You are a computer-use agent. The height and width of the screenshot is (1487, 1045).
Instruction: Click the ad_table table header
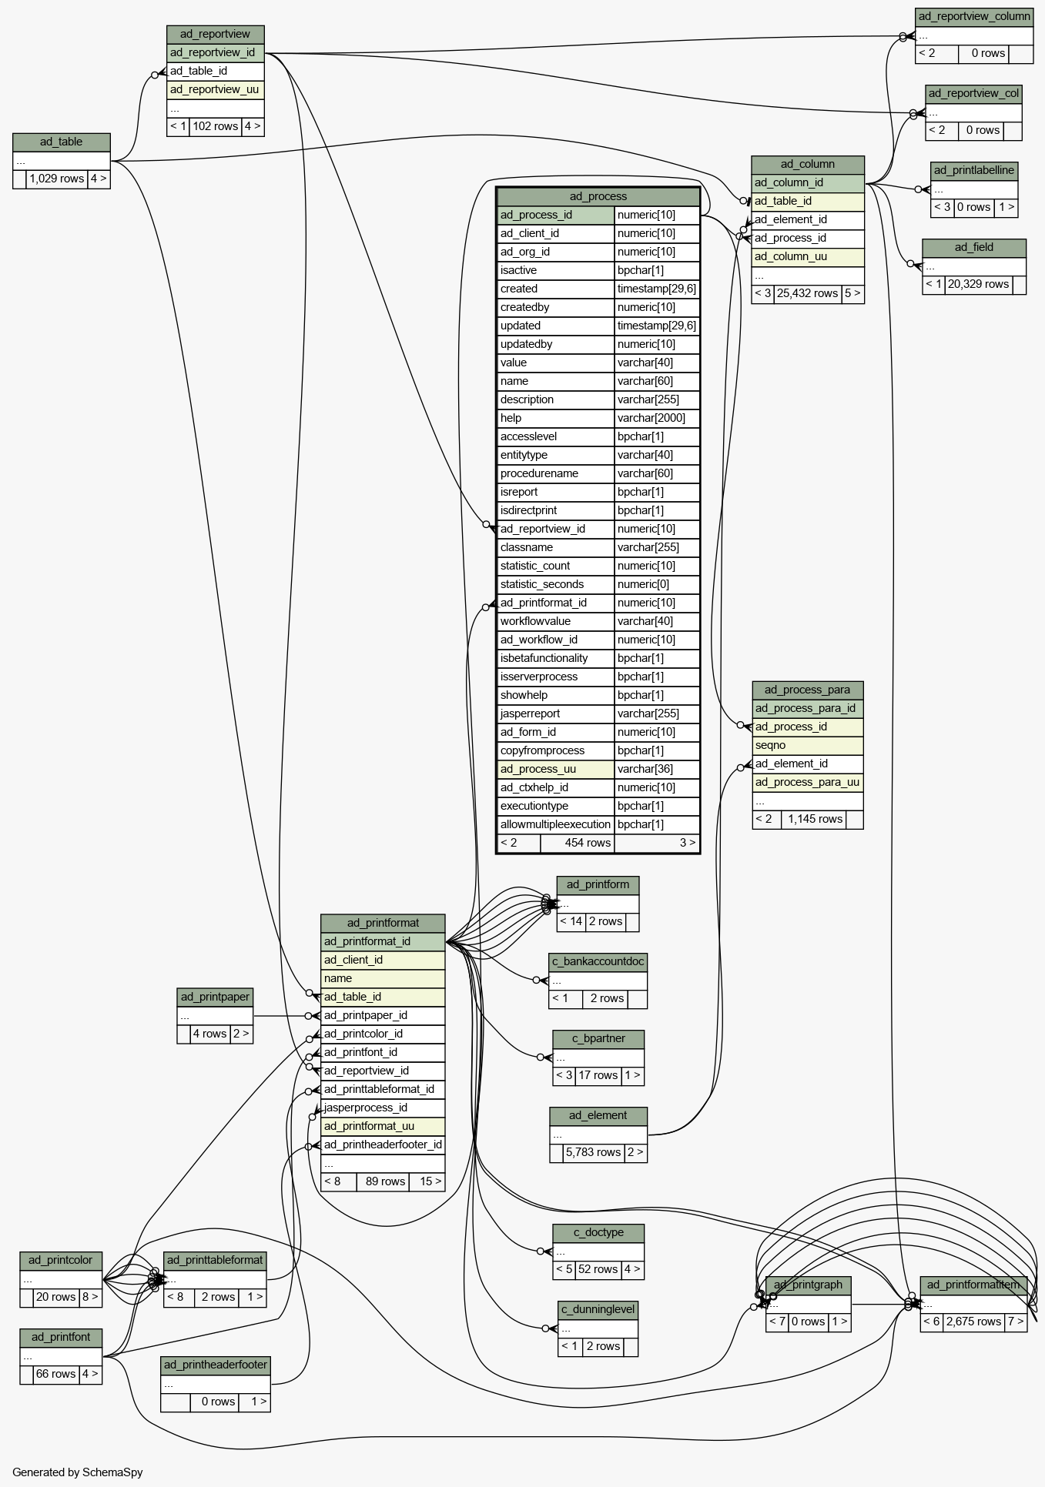(x=62, y=142)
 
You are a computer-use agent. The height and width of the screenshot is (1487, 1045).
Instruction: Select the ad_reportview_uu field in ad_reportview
(x=216, y=90)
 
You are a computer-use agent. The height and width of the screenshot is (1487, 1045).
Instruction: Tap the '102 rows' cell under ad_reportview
(x=216, y=127)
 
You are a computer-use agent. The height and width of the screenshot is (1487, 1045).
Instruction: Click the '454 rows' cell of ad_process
(x=578, y=843)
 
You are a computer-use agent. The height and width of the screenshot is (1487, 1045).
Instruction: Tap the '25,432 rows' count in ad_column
(x=807, y=294)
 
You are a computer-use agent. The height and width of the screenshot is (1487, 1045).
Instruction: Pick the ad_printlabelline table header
(x=974, y=171)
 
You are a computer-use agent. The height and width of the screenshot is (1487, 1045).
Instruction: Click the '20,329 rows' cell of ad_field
(x=978, y=285)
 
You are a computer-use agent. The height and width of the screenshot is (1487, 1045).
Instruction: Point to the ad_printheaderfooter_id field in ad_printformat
(x=383, y=1145)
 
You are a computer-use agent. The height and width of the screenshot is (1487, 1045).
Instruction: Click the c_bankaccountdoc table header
(x=598, y=962)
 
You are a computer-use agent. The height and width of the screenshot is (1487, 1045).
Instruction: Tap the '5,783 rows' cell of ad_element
(x=593, y=1153)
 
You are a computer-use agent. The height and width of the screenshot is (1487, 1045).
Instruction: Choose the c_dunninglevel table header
(x=598, y=1310)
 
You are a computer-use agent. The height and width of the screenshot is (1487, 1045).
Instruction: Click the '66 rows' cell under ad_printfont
(x=56, y=1375)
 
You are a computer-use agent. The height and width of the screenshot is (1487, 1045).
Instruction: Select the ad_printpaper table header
(x=216, y=997)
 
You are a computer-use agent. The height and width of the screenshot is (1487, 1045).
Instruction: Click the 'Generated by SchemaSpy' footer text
(x=78, y=1472)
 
